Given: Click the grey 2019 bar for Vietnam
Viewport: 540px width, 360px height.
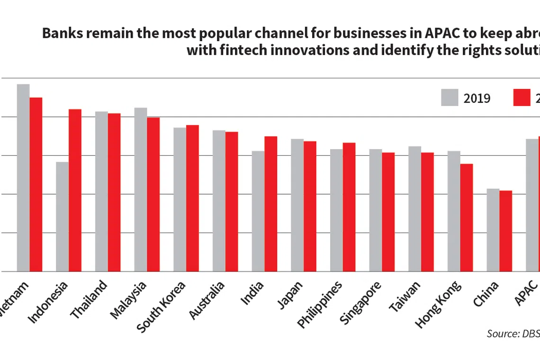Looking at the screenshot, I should [x=23, y=178].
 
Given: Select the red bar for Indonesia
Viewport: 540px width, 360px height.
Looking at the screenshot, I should [x=75, y=190].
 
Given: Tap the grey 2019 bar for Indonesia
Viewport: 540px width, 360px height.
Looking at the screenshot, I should [x=62, y=216].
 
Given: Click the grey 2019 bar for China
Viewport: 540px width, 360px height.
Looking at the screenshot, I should [x=493, y=230].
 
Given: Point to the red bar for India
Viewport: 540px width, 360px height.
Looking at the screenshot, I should [x=270, y=204].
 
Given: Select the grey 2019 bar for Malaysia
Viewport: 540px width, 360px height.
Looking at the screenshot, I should [x=140, y=189].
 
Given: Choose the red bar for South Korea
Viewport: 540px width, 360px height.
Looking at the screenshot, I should [x=192, y=198].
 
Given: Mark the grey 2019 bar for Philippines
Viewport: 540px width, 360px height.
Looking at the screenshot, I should [x=336, y=210].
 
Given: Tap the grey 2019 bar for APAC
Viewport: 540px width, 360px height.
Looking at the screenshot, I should [x=532, y=205].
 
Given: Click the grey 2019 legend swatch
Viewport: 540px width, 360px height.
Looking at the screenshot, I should [x=450, y=98].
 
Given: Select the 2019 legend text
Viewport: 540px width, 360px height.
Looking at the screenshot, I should [x=477, y=99].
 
